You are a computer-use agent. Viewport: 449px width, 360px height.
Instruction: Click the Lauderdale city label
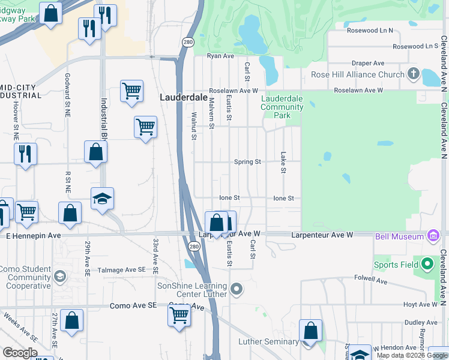pyautogui.click(x=183, y=97)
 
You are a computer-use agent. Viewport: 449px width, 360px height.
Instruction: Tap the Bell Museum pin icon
pyautogui.click(x=433, y=236)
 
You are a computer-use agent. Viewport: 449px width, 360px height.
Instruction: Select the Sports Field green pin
pyautogui.click(x=427, y=264)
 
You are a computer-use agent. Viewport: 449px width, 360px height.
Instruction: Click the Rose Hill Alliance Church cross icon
pyautogui.click(x=412, y=75)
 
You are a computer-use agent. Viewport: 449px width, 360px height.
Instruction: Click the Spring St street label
pyautogui.click(x=247, y=162)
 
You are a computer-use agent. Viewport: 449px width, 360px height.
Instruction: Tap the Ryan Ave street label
pyautogui.click(x=220, y=56)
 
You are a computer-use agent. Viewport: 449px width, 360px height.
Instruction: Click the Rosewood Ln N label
pyautogui.click(x=370, y=30)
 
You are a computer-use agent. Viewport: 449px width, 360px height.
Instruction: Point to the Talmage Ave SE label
pyautogui.click(x=122, y=271)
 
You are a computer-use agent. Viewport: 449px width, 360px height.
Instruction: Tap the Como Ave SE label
pyautogui.click(x=133, y=306)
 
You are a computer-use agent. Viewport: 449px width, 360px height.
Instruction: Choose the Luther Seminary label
pyautogui.click(x=268, y=342)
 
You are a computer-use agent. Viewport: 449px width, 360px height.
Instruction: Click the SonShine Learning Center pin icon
pyautogui.click(x=237, y=290)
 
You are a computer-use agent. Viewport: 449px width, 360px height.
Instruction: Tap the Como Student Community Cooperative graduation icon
pyautogui.click(x=59, y=276)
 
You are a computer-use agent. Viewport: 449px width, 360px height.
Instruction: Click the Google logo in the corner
pyautogui.click(x=20, y=353)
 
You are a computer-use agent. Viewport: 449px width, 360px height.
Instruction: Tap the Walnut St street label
pyautogui.click(x=194, y=126)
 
